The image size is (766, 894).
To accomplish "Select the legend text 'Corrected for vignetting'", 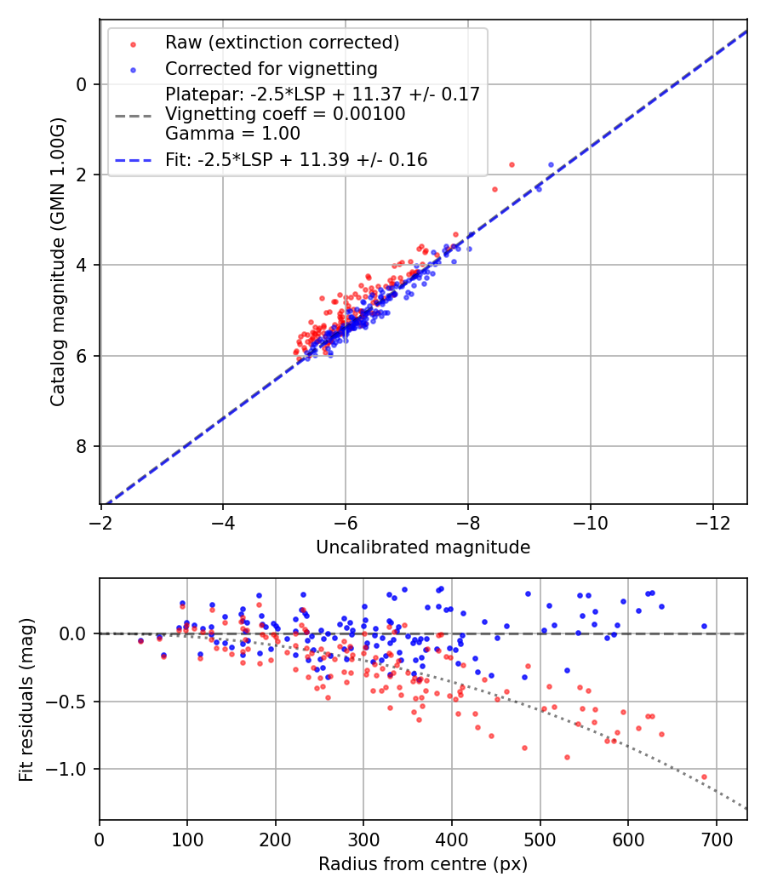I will [x=271, y=68].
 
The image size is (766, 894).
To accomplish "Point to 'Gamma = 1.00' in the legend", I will [x=232, y=133].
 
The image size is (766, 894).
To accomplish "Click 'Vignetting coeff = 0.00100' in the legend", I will [x=285, y=113].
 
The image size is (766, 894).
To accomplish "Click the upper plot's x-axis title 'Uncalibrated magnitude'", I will [x=423, y=547].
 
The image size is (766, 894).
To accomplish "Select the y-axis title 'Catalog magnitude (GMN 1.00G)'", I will [x=57, y=273].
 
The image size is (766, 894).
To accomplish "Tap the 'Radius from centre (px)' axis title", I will [x=423, y=864].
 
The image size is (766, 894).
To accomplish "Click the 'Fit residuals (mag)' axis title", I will [x=26, y=699].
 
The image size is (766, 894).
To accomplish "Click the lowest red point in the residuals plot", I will [x=704, y=777].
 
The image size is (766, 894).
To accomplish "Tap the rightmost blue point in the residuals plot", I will [x=704, y=626].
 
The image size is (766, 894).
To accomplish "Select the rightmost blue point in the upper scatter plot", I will [x=551, y=164].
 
